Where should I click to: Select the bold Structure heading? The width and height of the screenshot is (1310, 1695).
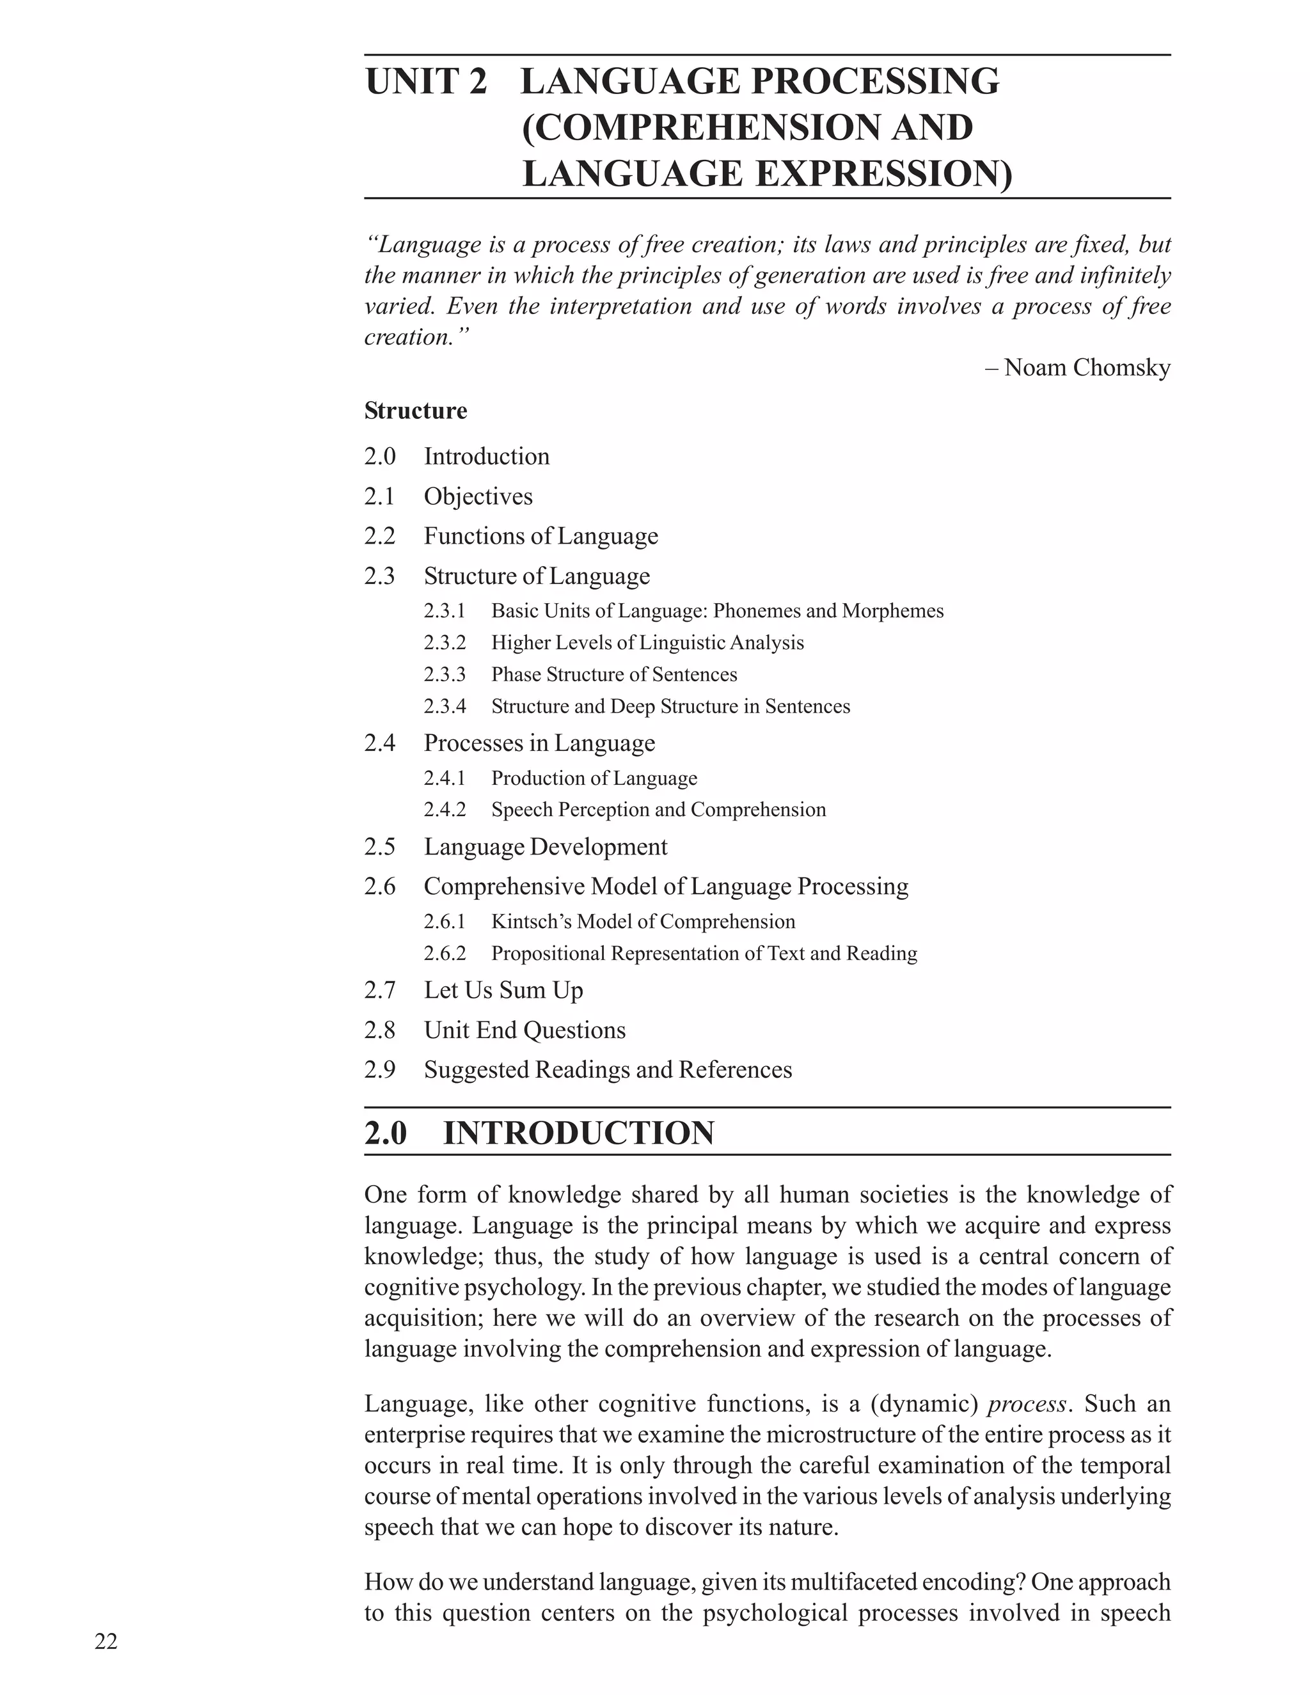pos(416,411)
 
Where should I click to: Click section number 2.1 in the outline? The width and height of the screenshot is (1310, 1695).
pos(379,496)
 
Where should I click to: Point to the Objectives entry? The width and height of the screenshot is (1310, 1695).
pos(478,496)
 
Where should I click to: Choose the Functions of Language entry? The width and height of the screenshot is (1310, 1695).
pos(541,535)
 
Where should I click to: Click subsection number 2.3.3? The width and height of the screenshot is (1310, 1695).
pos(445,674)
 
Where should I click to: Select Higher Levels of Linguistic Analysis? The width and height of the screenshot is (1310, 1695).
pos(647,643)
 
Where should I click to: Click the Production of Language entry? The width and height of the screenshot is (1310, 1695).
pos(594,778)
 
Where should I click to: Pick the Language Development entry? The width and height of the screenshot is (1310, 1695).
pos(545,846)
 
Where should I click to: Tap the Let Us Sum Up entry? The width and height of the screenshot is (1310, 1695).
pos(503,989)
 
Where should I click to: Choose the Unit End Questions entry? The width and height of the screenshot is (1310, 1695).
pos(525,1030)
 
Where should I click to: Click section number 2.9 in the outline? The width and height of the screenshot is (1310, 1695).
pos(379,1069)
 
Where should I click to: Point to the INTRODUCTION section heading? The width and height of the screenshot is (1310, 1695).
pos(578,1133)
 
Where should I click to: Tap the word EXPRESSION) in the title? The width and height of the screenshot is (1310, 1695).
pos(884,174)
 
